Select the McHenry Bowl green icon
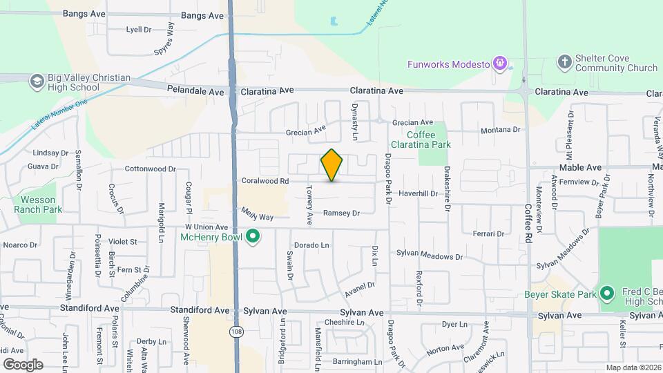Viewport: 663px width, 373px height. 253,237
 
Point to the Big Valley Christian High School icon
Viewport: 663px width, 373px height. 36,82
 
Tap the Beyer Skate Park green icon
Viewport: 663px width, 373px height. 606,294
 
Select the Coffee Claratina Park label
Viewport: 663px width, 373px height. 429,140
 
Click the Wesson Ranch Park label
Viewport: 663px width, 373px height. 38,205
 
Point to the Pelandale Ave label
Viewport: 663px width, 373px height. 196,91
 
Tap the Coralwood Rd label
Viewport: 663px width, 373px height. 265,181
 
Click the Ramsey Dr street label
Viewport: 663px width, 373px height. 342,213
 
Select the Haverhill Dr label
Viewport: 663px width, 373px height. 418,194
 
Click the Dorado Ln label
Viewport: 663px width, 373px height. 311,245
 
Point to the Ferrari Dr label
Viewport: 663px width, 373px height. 488,233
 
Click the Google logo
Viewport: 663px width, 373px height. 23,364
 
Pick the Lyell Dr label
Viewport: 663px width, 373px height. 138,30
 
